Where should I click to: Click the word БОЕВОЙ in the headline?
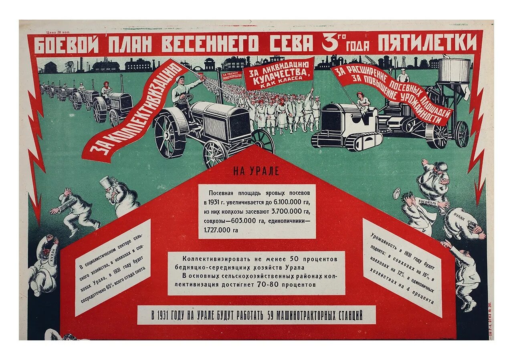pyautogui.click(x=66, y=45)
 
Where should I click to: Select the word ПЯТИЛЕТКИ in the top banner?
pyautogui.click(x=428, y=42)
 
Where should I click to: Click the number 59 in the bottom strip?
pyautogui.click(x=272, y=316)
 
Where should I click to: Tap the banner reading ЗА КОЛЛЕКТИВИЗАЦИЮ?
pyautogui.click(x=135, y=111)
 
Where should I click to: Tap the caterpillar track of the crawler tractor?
pyautogui.click(x=347, y=141)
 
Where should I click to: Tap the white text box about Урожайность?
pyautogui.click(x=402, y=266)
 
